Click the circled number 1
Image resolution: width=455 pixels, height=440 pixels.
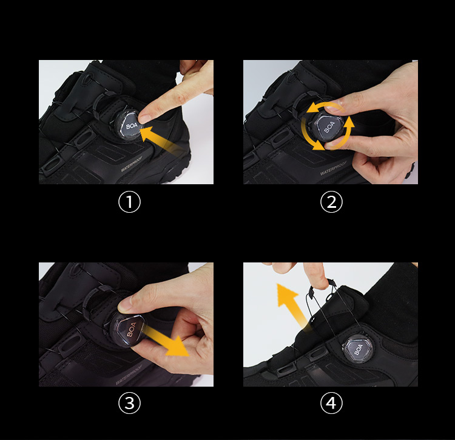pyautogui.click(x=129, y=202)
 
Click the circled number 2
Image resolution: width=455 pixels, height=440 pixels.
pyautogui.click(x=331, y=202)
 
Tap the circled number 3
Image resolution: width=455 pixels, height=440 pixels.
pyautogui.click(x=129, y=403)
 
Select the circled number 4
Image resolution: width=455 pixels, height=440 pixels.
pyautogui.click(x=331, y=403)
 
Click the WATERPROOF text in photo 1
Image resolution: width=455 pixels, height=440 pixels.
pyautogui.click(x=140, y=167)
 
